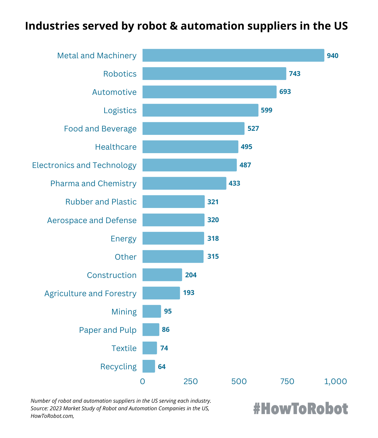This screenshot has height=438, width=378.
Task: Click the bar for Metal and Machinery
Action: coord(233,55)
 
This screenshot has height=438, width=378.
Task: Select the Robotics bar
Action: coord(214,74)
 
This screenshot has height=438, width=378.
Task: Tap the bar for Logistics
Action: coord(200,110)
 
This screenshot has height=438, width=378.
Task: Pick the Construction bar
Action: coord(162,275)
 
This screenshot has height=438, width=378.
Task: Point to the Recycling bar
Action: coord(149,366)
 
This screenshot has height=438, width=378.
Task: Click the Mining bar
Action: coord(152,311)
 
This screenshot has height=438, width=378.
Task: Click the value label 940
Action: coord(332,56)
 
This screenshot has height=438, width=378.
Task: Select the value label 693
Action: coord(285,92)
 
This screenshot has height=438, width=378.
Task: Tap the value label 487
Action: coord(245,165)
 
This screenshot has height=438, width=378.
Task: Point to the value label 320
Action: coord(213,220)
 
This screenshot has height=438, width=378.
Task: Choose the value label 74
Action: coord(164,348)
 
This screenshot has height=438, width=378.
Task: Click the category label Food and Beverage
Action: coord(100,129)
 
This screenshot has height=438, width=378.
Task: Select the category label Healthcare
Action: coord(116,147)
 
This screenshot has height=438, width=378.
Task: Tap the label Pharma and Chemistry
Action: coord(93,184)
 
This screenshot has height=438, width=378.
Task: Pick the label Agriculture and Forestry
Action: coord(90,294)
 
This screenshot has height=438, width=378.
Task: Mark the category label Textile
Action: coord(124,349)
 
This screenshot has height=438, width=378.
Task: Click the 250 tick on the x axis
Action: coord(191,382)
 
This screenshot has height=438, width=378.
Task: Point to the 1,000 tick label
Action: coord(335,382)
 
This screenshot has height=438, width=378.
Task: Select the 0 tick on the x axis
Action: coord(142,382)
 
